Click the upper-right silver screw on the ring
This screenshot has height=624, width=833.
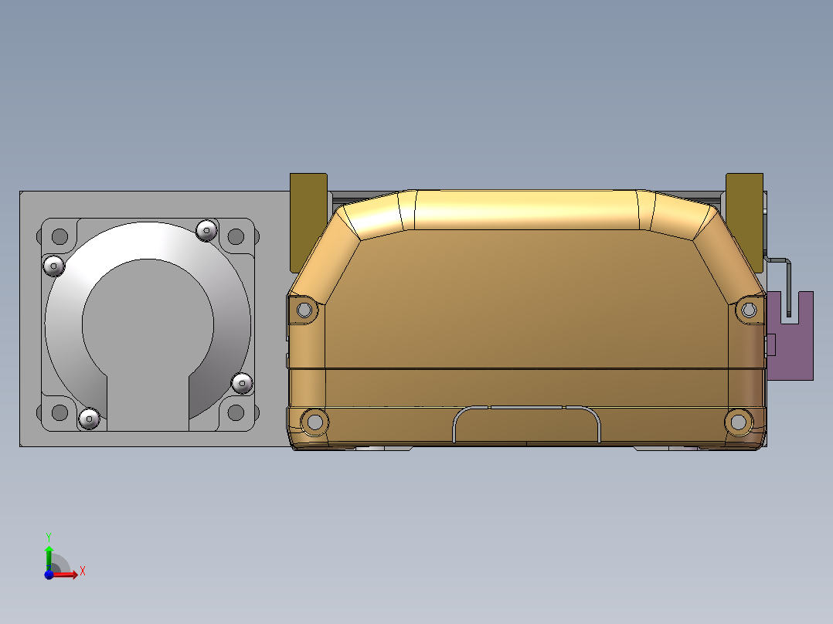(206, 230)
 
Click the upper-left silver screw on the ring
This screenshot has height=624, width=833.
(53, 266)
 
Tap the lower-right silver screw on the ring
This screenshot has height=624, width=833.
(243, 383)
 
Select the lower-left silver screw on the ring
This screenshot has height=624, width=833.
(90, 419)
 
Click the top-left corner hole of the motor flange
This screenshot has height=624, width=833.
(60, 236)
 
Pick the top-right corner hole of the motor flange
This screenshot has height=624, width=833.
(236, 236)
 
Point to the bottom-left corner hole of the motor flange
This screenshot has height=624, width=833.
(60, 412)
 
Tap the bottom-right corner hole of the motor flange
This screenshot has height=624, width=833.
(236, 412)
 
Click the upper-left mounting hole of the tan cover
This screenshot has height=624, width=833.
(304, 310)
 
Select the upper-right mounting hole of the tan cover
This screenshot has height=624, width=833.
(749, 310)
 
